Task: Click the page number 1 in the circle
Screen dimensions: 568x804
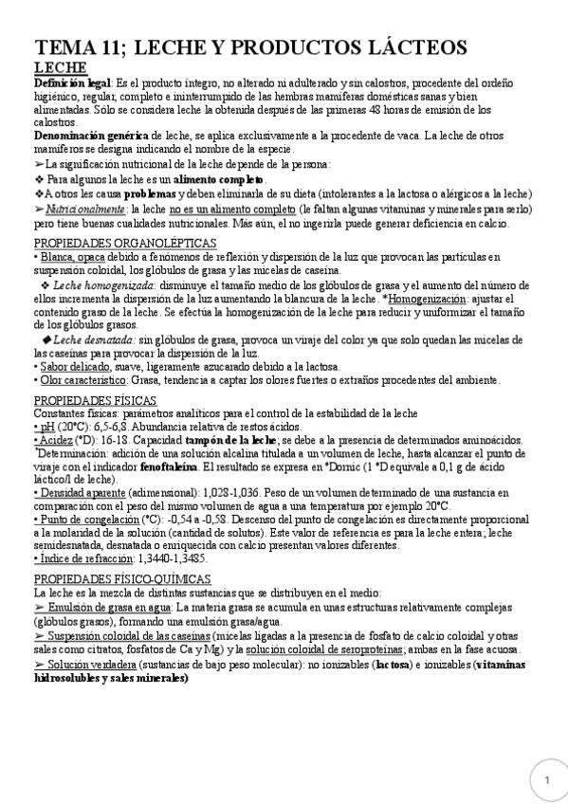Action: [x=547, y=779]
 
